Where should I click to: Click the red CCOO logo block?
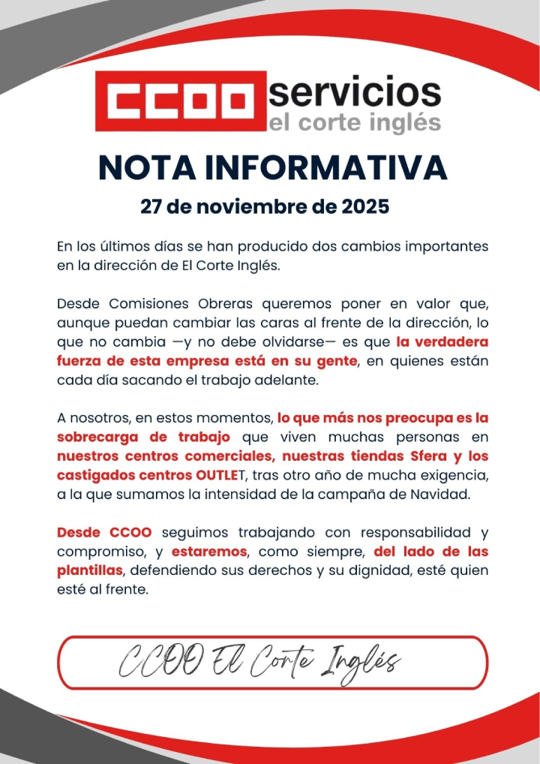click(181, 100)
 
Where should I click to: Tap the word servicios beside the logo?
click(354, 92)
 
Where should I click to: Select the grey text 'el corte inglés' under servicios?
click(354, 123)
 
